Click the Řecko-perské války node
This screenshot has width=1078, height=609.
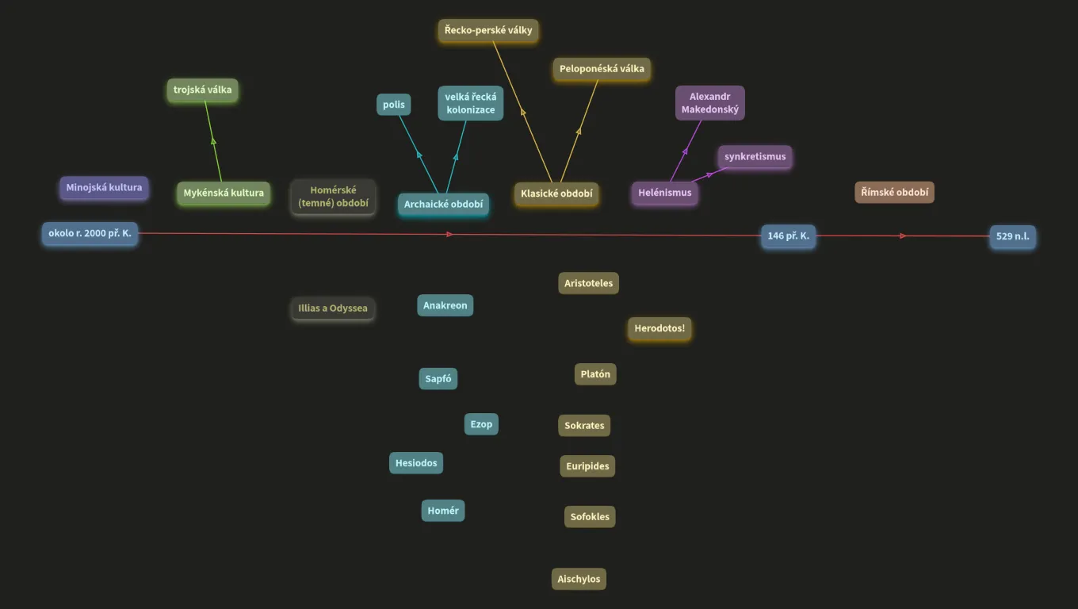[488, 30]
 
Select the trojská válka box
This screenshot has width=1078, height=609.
[203, 90]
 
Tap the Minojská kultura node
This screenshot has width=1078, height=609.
[104, 187]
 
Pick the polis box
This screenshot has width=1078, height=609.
[394, 105]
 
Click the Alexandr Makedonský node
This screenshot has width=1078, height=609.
[710, 103]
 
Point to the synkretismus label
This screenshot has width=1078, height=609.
[755, 156]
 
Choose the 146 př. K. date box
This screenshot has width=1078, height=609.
[788, 236]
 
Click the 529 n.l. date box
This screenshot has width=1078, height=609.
[1012, 236]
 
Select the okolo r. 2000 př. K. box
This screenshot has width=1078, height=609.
[90, 233]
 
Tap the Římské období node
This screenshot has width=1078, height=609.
[895, 192]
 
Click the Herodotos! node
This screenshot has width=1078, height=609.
[659, 328]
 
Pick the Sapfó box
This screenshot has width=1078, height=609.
[438, 379]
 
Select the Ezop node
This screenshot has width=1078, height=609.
[481, 424]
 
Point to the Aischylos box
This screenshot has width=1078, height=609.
[579, 579]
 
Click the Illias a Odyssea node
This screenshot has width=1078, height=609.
[333, 308]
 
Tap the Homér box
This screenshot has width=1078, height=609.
[443, 511]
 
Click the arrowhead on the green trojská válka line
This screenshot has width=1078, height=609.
[213, 141]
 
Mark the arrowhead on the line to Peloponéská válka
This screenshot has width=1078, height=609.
[579, 131]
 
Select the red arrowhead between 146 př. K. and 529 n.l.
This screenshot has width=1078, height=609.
[903, 236]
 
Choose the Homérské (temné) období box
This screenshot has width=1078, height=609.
[333, 197]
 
